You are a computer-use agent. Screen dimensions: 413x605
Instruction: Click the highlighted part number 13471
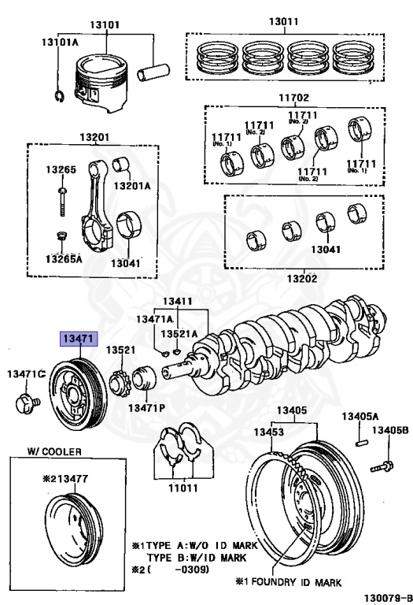(x=79, y=339)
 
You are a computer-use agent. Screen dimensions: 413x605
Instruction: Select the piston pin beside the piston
(x=153, y=72)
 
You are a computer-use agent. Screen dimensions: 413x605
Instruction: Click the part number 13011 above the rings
(x=283, y=21)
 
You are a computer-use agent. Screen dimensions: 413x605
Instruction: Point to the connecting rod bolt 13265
(x=62, y=202)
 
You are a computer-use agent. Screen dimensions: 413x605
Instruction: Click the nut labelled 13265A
(x=61, y=236)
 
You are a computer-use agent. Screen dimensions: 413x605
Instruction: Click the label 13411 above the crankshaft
(x=177, y=302)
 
